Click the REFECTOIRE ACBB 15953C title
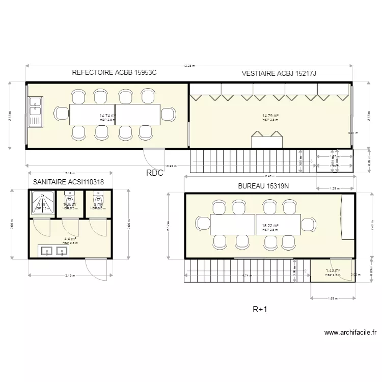[114, 72]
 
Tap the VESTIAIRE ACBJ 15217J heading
[279, 74]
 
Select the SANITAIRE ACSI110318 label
[68, 182]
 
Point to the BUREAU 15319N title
[263, 186]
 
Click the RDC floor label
[154, 173]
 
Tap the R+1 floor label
[260, 309]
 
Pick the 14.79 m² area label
[269, 116]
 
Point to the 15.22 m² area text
[270, 226]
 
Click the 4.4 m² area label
[70, 239]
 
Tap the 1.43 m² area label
[333, 271]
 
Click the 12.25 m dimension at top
[188, 66]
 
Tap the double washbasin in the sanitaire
[53, 250]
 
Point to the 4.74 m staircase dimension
[247, 276]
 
